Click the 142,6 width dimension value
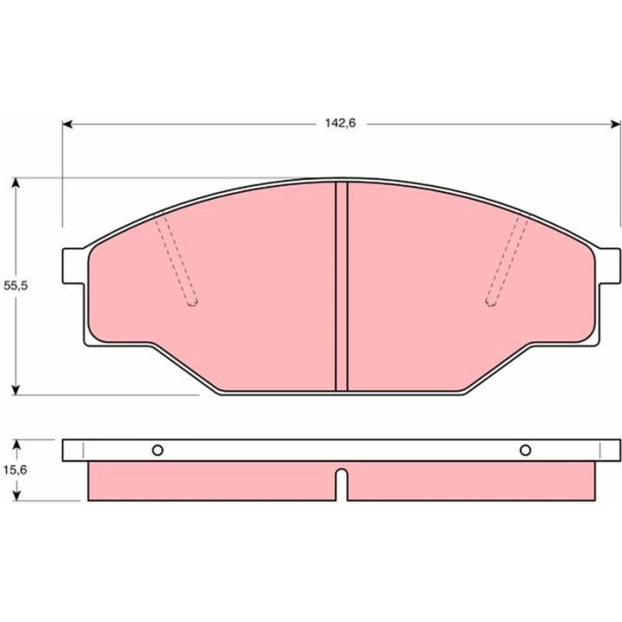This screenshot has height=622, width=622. tap(340, 124)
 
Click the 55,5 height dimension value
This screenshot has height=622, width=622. tap(15, 285)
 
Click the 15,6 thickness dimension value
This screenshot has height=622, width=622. tap(15, 470)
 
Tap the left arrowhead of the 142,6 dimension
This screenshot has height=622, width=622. tap(68, 124)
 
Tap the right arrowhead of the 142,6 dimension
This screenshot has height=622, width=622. tap(616, 124)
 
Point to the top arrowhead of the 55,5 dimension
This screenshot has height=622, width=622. tap(15, 182)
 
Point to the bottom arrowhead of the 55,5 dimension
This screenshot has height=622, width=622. tap(15, 390)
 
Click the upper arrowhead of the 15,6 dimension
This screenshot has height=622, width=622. tap(16, 445)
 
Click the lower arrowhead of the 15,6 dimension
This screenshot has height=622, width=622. tap(16, 495)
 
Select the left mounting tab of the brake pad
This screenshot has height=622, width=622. tap(74, 266)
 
